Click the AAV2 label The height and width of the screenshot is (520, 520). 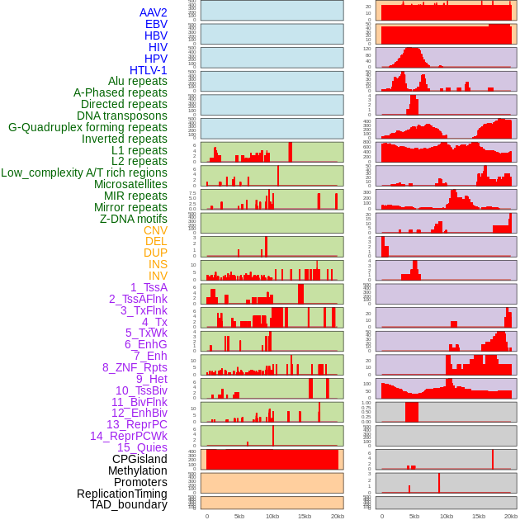[x=154, y=13]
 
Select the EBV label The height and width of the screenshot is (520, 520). [x=156, y=25]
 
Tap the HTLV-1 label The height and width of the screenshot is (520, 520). [x=148, y=70]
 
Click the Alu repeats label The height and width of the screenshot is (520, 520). [x=138, y=82]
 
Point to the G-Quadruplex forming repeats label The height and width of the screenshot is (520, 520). [x=87, y=127]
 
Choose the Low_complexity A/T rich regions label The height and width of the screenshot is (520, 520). [x=84, y=173]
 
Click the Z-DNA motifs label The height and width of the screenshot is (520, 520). [x=134, y=219]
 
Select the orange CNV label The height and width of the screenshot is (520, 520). [x=155, y=230]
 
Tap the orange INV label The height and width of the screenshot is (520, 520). [x=158, y=276]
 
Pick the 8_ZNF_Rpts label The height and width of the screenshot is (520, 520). [x=135, y=367]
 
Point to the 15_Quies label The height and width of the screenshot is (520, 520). [x=142, y=447]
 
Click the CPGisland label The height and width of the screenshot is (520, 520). [x=139, y=459]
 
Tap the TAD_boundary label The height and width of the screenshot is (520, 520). [x=129, y=504]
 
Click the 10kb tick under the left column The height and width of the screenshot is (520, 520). [x=272, y=516]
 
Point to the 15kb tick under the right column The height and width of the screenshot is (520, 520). [x=479, y=516]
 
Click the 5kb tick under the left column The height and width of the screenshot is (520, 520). [x=239, y=516]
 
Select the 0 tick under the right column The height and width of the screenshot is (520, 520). [x=381, y=516]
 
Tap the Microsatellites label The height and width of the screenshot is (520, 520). [x=130, y=184]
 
